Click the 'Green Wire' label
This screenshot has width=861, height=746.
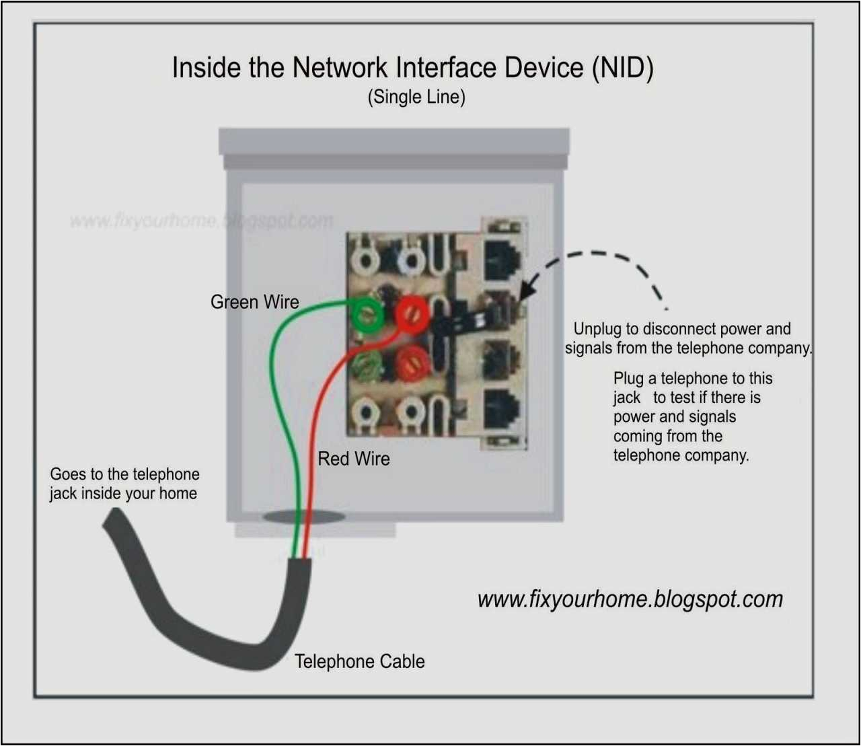254,302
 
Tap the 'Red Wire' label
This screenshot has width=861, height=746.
353,459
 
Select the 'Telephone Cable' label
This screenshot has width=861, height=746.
359,661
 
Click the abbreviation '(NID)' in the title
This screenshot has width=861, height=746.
622,68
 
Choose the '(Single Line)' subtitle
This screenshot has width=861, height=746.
416,97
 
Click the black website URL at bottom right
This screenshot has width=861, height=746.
630,599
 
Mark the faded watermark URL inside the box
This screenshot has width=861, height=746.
201,221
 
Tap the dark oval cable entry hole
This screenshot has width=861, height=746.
303,517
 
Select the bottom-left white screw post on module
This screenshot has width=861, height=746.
365,411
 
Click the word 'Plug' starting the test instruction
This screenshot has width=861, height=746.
628,378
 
